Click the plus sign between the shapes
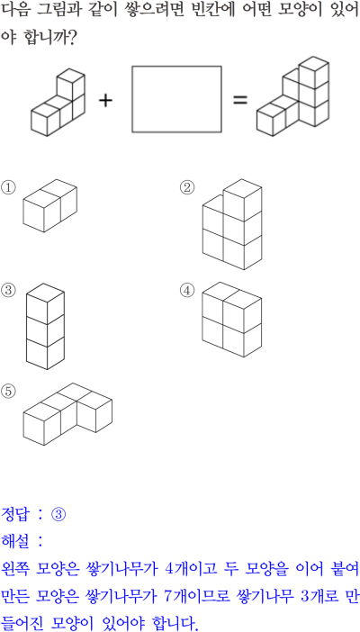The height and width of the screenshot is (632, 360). [x=105, y=100]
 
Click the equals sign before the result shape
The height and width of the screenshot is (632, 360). [x=240, y=100]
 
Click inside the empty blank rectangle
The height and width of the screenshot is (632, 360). [x=176, y=99]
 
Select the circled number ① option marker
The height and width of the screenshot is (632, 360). [x=8, y=188]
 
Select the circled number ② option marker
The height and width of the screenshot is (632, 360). [x=186, y=187]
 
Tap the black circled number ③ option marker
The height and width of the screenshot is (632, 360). [x=8, y=290]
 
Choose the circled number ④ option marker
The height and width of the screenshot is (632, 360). [x=186, y=290]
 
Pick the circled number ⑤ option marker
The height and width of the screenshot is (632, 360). [x=8, y=392]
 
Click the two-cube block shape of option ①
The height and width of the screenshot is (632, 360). [x=49, y=205]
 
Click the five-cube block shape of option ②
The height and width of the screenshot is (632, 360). [x=232, y=224]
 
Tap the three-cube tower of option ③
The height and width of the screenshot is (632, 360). [x=45, y=326]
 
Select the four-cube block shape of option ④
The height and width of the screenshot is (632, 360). [x=232, y=320]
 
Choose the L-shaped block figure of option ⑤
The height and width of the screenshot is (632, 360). [x=67, y=414]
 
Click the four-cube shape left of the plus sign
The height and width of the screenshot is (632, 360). [x=58, y=103]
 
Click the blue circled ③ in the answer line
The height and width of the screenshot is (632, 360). [x=58, y=514]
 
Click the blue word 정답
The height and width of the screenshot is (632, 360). [x=14, y=514]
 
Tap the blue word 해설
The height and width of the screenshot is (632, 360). [x=14, y=541]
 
